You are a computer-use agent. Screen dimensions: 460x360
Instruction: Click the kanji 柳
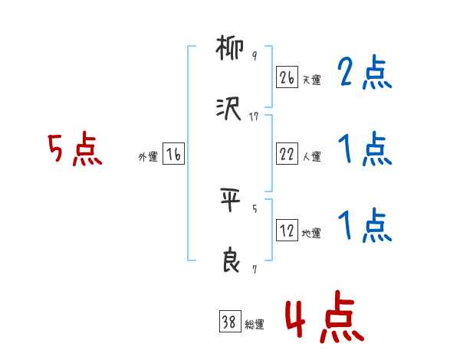pos(229,51)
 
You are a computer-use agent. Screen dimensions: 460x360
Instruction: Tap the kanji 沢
pos(229,110)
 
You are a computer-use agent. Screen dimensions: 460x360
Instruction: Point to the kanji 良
pos(229,262)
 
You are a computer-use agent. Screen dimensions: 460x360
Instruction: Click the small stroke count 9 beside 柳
pos(255,57)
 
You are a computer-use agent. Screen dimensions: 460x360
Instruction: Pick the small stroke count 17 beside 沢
pos(255,116)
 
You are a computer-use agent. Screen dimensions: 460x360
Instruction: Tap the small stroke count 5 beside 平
pos(255,208)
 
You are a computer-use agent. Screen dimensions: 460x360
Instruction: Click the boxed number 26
pos(287,77)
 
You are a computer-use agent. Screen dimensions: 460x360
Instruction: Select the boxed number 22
pos(287,154)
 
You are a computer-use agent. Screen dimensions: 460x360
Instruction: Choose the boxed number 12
pos(287,230)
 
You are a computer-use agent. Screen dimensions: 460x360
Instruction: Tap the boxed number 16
pos(173,154)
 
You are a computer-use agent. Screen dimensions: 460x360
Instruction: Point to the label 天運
pos(311,80)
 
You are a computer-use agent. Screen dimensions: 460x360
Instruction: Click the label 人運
pos(311,156)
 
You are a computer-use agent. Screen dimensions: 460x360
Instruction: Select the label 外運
pos(148,156)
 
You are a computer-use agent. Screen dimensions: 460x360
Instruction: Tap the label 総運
pos(255,324)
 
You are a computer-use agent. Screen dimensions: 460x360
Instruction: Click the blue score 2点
pos(365,74)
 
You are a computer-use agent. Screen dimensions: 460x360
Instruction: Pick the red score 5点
pos(75,149)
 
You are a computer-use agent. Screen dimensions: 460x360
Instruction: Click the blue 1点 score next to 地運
pos(365,225)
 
